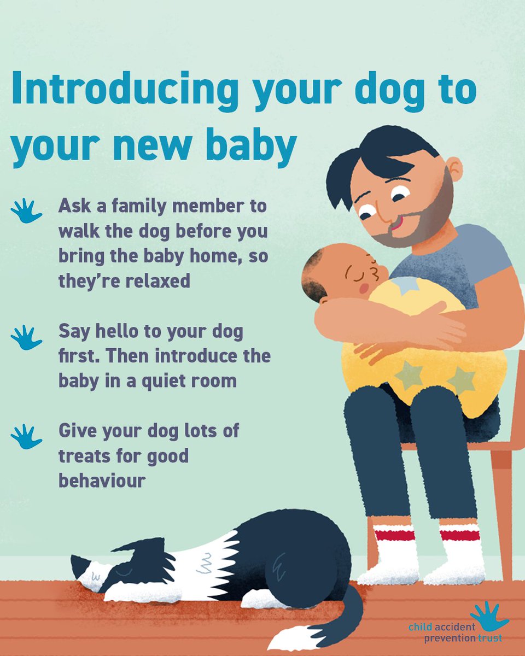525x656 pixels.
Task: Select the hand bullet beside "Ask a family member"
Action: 26,211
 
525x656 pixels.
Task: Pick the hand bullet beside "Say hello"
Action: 26,337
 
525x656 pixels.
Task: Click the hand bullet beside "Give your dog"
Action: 26,436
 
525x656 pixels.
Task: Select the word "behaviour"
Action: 102,481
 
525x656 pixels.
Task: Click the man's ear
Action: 453,169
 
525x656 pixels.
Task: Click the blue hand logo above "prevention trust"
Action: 488,616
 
